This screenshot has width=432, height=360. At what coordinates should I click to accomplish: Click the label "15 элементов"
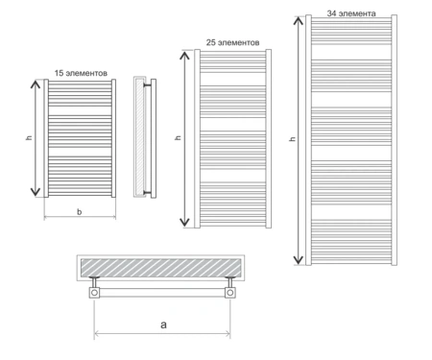81,73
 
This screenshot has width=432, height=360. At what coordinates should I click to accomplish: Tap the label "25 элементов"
232,42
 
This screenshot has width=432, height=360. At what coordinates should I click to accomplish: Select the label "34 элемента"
351,13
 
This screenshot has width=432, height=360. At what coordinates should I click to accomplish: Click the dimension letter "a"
163,324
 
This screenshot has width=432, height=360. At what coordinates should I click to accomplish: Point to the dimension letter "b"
80,211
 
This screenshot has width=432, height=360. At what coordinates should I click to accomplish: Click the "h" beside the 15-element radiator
29,137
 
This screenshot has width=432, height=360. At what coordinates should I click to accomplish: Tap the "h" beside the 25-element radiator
179,137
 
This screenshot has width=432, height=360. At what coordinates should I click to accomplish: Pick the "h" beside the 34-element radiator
293,139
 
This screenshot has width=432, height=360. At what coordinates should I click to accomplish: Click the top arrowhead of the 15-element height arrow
36,84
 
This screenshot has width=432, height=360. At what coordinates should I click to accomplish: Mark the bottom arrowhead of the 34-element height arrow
299,260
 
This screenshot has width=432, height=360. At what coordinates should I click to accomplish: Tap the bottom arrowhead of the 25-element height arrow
184,222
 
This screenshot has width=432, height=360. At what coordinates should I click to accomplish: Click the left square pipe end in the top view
94,293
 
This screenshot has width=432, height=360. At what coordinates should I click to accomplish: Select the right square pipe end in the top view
229,293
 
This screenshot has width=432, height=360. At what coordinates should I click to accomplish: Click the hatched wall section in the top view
160,268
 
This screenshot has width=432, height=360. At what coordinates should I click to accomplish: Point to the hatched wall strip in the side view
139,137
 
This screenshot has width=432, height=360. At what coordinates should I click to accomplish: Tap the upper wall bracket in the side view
147,85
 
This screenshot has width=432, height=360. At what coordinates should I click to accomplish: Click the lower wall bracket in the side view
147,192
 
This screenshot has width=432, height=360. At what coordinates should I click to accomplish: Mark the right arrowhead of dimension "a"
228,334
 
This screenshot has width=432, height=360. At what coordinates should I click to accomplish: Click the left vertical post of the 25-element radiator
197,139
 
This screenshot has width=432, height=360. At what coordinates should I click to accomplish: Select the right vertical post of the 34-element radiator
395,140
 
